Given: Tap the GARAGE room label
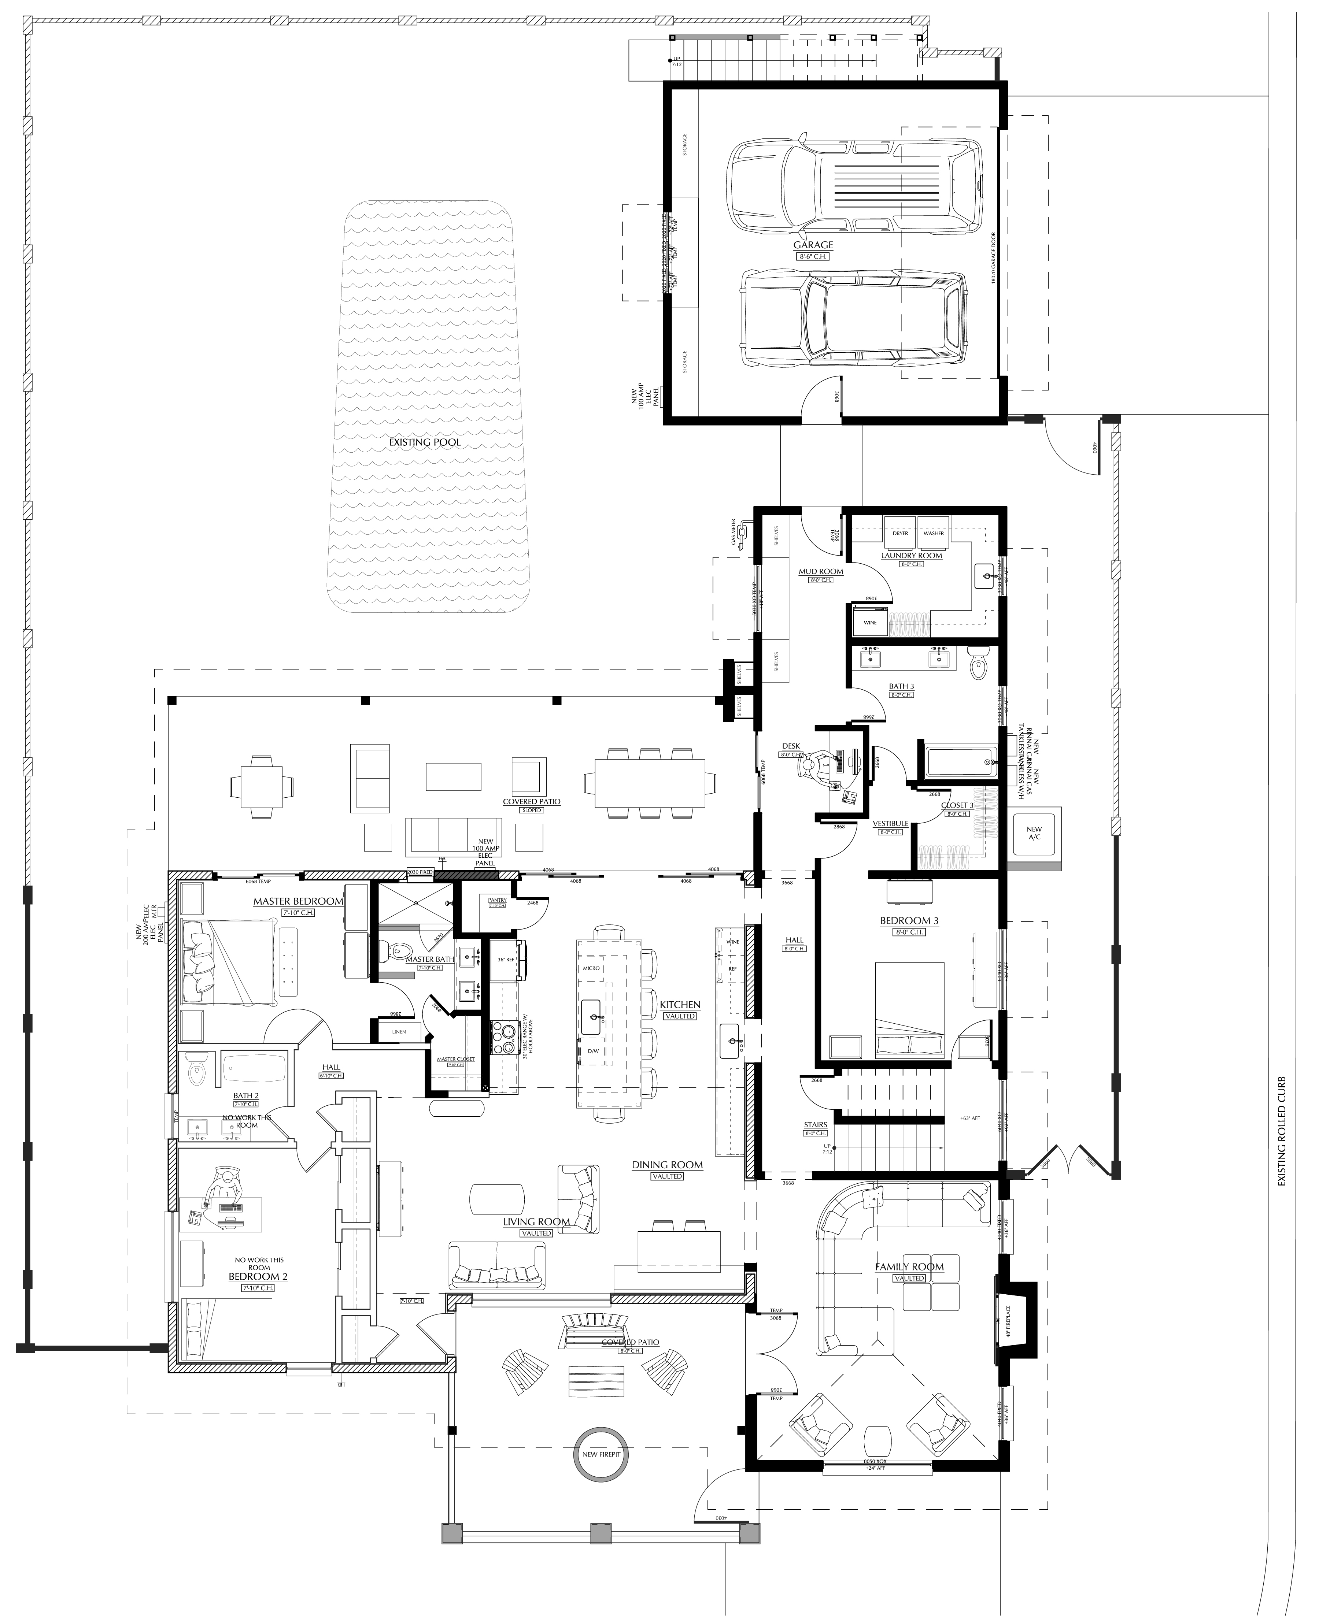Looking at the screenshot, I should point(813,245).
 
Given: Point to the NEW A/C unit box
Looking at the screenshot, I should point(1034,833).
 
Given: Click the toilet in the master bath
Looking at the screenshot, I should point(398,950).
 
